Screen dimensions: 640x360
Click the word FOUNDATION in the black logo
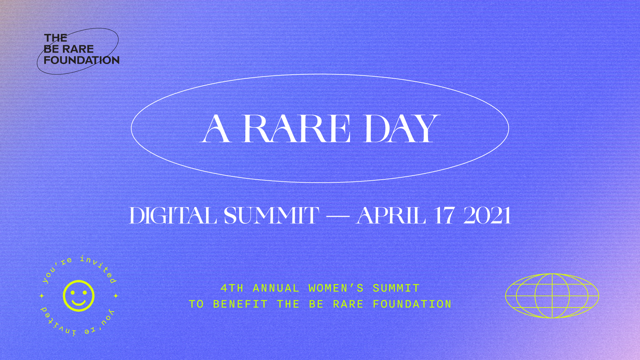82,60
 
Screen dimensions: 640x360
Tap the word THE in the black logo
56,38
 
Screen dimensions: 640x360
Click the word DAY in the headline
401,129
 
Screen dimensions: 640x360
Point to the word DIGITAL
173,216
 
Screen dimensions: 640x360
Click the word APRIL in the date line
391,216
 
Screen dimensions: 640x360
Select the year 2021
487,216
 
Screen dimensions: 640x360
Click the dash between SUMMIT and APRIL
337,217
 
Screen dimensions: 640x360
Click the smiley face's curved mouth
79,302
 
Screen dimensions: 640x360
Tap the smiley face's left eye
73,292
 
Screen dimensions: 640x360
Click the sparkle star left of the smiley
42,296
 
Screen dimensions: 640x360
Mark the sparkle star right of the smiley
116,296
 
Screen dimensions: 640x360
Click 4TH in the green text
232,288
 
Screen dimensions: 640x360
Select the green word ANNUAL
276,288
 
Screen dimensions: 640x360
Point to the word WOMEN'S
336,288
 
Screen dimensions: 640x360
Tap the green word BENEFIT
240,304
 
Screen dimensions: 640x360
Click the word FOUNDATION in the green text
412,304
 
